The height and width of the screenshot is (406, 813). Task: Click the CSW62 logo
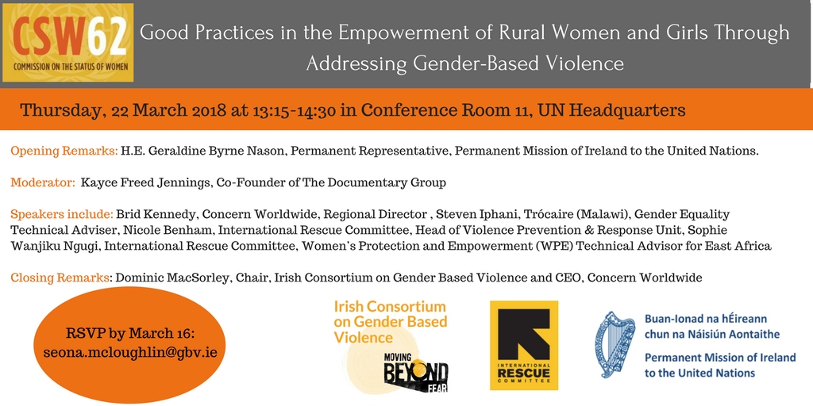tap(68, 43)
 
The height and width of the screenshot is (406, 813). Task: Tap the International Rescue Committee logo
tap(524, 346)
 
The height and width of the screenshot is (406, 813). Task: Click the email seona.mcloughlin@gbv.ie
tap(130, 352)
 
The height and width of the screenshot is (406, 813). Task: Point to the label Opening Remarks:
tap(64, 151)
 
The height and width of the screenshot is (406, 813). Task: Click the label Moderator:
tap(44, 183)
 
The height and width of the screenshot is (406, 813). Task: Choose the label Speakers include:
tap(62, 214)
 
